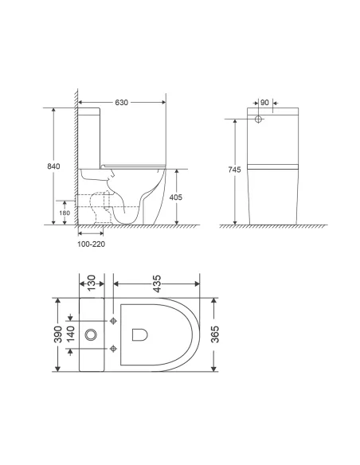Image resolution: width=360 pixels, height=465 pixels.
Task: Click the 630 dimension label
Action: [x=122, y=103]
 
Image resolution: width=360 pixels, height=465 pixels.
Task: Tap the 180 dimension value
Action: [x=65, y=212]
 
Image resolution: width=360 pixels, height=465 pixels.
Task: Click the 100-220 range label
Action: [x=90, y=244]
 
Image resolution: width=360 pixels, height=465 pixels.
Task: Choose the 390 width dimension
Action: [x=58, y=334]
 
